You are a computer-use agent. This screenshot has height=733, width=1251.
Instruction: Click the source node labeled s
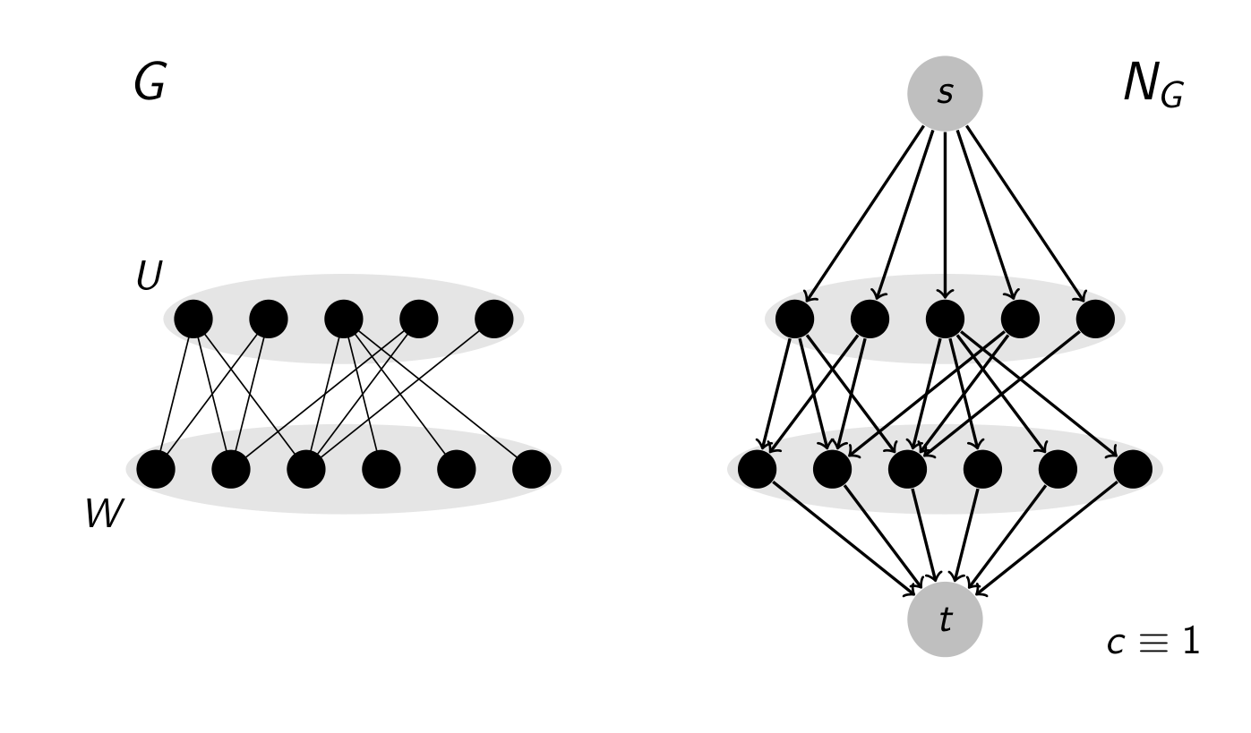(945, 93)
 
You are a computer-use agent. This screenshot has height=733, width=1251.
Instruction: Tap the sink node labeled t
(945, 619)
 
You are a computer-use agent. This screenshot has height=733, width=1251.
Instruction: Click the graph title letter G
(150, 83)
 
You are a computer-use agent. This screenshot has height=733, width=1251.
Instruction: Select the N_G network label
(1152, 86)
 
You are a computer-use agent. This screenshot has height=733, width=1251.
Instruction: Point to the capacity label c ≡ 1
(1152, 642)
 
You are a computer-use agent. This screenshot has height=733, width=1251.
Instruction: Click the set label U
(149, 277)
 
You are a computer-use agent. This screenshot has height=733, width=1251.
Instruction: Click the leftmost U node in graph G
(193, 319)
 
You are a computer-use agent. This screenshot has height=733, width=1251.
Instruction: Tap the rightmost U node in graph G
(494, 319)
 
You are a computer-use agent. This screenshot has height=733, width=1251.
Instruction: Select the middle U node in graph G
(344, 319)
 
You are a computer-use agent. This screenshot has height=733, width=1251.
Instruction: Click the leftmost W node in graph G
(156, 469)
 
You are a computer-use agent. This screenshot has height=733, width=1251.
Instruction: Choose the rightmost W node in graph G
(532, 469)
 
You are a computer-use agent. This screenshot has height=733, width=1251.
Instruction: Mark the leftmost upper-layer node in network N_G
(794, 319)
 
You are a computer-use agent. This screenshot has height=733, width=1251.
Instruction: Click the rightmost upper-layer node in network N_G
(1095, 319)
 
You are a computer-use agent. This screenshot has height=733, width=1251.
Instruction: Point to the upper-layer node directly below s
(945, 319)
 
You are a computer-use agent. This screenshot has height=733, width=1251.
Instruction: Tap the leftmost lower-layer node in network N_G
(757, 469)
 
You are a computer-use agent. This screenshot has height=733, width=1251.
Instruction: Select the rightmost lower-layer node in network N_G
(1133, 469)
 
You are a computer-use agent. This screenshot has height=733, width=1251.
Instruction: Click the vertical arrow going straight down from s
(945, 215)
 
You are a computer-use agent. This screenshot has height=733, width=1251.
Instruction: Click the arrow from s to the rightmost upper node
(1026, 214)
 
